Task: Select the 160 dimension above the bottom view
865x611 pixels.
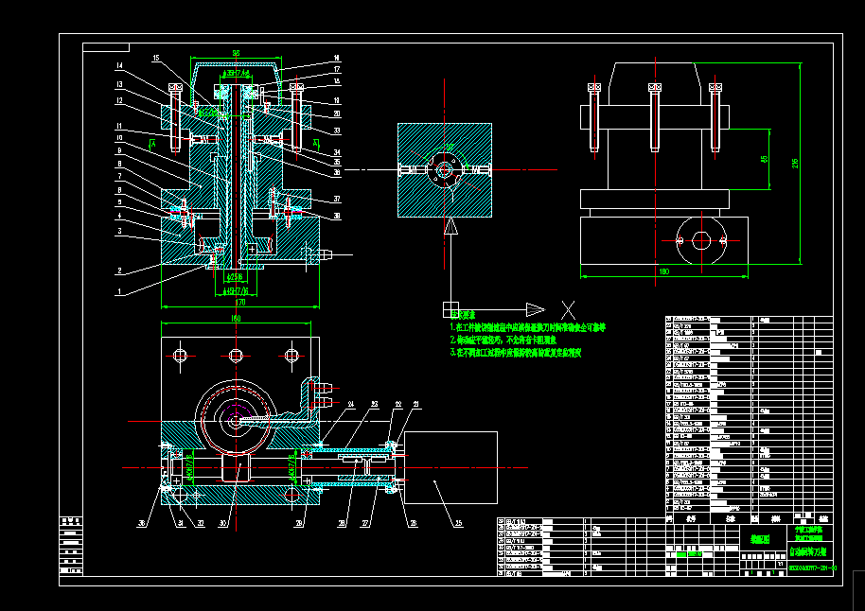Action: coord(236,320)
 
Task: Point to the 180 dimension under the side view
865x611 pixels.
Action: coord(663,271)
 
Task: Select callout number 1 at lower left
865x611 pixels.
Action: coord(120,291)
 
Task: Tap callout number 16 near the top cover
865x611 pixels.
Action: coord(335,59)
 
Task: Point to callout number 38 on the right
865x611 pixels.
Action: coord(335,216)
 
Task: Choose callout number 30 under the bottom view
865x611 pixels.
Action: coord(223,522)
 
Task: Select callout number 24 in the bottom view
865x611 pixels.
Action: coord(349,405)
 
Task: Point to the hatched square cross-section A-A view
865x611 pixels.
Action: coord(446,170)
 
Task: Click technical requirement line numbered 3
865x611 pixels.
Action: coord(515,351)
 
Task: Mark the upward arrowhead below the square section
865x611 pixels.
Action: coord(451,227)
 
